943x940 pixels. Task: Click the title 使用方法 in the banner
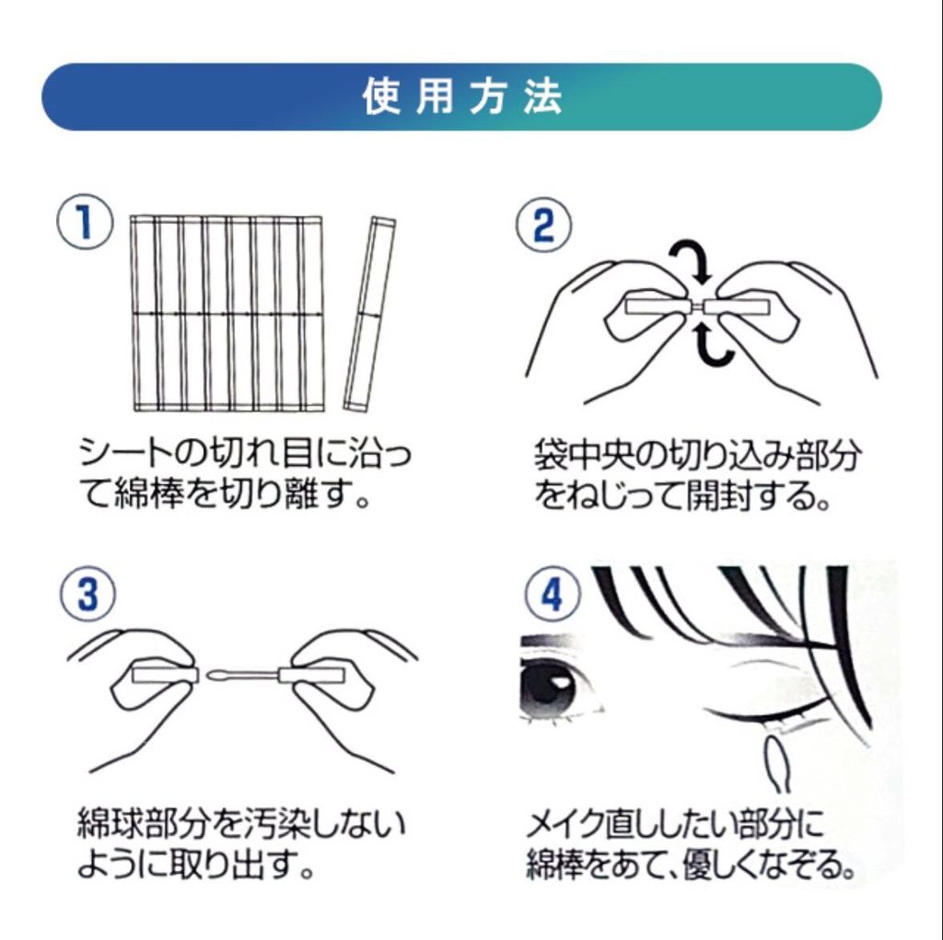pyautogui.click(x=462, y=97)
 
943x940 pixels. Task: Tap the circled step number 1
pyautogui.click(x=85, y=221)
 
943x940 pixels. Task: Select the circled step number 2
pyautogui.click(x=543, y=225)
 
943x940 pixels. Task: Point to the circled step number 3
pyautogui.click(x=87, y=594)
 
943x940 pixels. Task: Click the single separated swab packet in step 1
pyautogui.click(x=370, y=314)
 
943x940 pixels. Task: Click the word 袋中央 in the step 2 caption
pyautogui.click(x=583, y=457)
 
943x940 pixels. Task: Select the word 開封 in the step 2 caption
pyautogui.click(x=721, y=495)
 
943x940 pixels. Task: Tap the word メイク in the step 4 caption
pyautogui.click(x=565, y=824)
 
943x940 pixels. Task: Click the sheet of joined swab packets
pyautogui.click(x=227, y=313)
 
